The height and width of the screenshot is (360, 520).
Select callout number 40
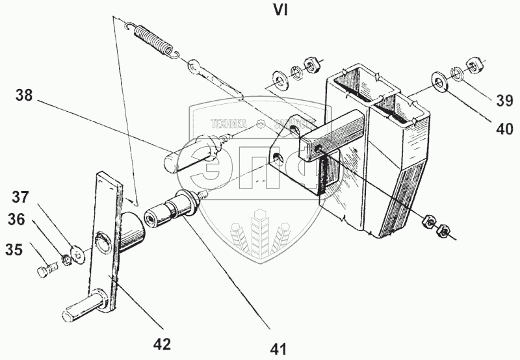pyautogui.click(x=504, y=129)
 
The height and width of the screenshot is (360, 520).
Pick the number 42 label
pyautogui.click(x=162, y=344)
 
